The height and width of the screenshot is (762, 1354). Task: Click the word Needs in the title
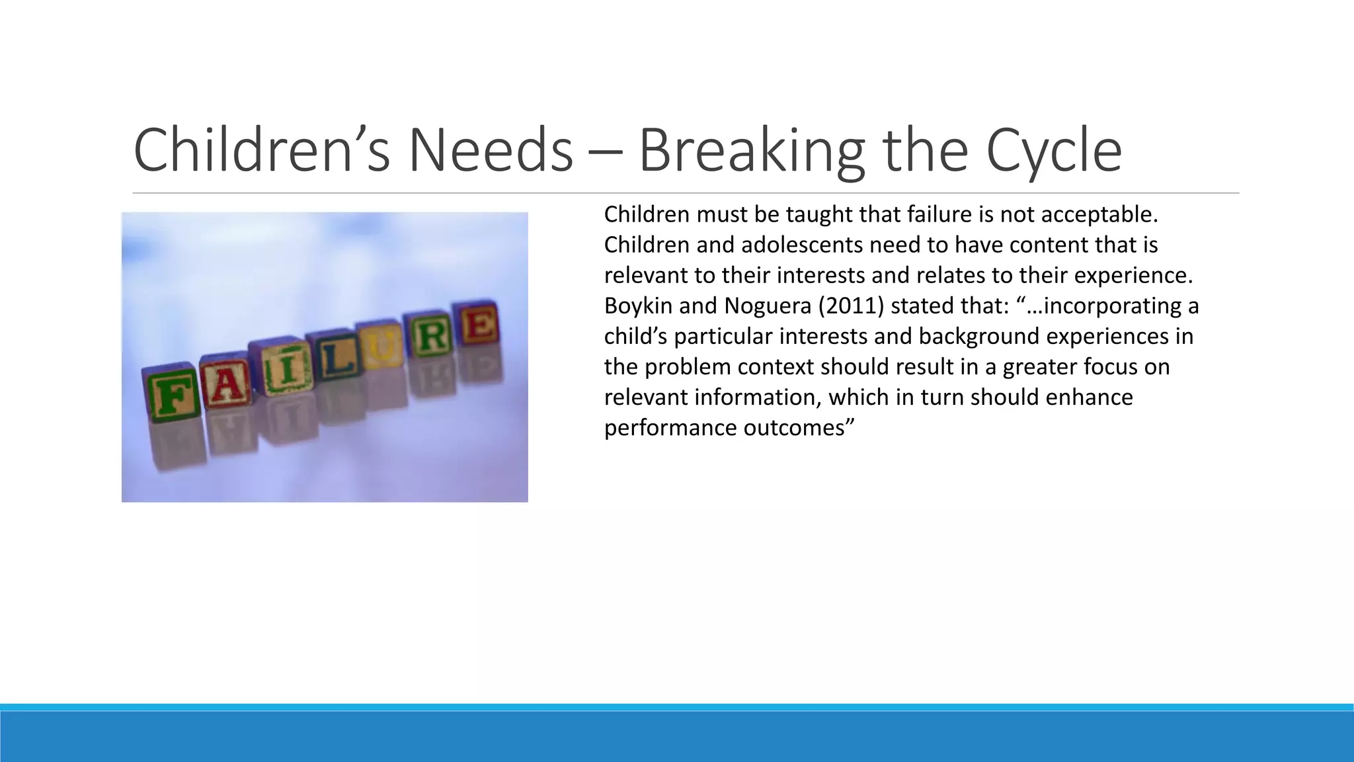[x=490, y=151]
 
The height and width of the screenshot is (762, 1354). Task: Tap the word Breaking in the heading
[x=751, y=151]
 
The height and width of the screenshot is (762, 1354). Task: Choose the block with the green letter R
[x=432, y=336]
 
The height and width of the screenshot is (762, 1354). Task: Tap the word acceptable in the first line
[x=1099, y=215]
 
